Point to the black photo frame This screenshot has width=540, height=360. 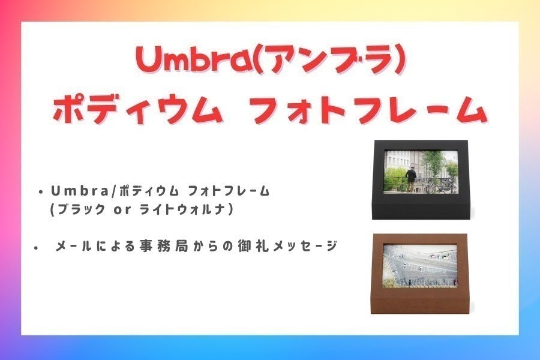pos(419,179)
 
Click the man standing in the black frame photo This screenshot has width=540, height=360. pos(411,178)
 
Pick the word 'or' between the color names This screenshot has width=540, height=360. pos(124,211)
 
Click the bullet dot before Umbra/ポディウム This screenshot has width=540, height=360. pos(40,193)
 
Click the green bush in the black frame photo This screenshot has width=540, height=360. pos(395,178)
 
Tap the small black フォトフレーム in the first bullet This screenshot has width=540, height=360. pos(228,192)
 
